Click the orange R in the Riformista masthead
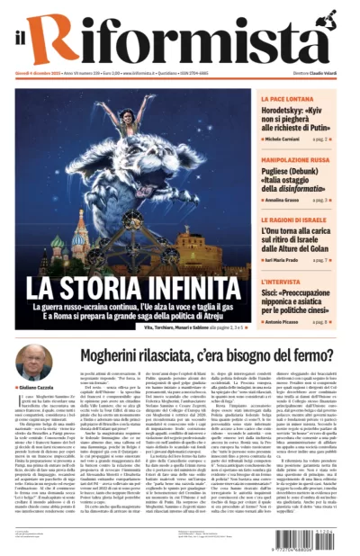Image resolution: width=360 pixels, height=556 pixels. (64, 40)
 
